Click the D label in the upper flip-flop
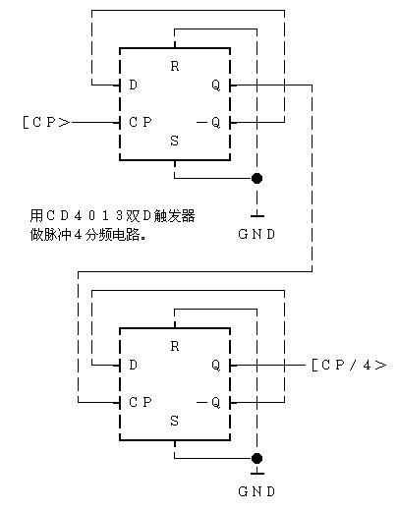coord(133,85)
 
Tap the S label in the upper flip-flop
coord(174,142)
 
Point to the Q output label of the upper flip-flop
coord(215,85)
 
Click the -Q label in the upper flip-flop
coord(210,123)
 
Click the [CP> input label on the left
coord(45,123)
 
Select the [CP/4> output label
coord(348,365)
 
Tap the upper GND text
coord(257,234)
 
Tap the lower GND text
coord(257,490)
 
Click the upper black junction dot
coord(257,179)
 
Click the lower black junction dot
coord(257,458)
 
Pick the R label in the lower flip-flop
coord(174,346)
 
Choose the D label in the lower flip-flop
coord(133,365)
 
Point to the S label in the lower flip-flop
coord(174,421)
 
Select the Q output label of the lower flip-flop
coord(215,365)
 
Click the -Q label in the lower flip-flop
coord(210,402)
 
